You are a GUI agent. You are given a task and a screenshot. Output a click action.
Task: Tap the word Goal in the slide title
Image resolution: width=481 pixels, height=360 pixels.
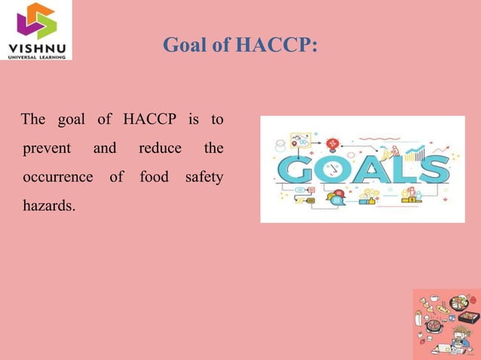(185, 45)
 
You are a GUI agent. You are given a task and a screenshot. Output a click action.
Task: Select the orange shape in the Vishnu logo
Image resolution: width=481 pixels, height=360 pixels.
(38, 11)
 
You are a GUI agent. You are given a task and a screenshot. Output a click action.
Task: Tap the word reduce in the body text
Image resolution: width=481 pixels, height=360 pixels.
(160, 148)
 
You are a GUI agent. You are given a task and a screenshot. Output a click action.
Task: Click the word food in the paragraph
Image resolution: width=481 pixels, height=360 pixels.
(154, 177)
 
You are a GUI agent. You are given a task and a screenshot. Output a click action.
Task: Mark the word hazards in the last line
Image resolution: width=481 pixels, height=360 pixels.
(49, 205)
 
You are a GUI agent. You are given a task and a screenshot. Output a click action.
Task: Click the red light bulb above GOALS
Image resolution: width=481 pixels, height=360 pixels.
(334, 142)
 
